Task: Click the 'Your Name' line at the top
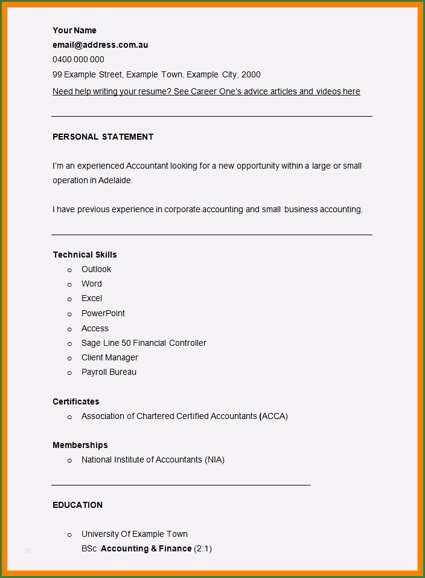point(74,30)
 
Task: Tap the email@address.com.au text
point(100,45)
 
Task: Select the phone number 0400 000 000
point(78,59)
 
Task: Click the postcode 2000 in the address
point(251,74)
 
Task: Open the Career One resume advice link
point(206,91)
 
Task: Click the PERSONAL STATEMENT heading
point(103,137)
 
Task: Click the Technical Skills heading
point(85,255)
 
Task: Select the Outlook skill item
point(97,269)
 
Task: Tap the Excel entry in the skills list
point(92,298)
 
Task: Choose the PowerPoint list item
point(103,313)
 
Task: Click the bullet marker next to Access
point(69,329)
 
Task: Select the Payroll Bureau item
point(109,372)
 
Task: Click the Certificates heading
point(76,401)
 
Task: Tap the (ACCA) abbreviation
point(273,416)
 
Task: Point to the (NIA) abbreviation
point(214,459)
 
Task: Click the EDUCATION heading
point(77,505)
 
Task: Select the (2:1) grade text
point(203,548)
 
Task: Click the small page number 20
point(27,550)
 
